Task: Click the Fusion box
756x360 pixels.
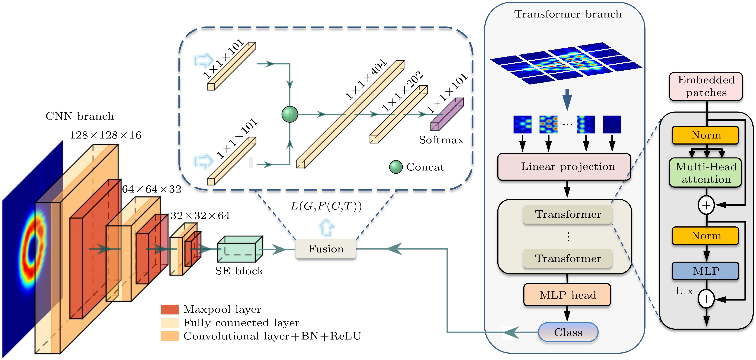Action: coord(326,249)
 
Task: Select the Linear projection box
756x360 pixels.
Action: coord(564,167)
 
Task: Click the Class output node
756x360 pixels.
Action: coord(568,332)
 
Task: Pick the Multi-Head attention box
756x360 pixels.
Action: coord(706,173)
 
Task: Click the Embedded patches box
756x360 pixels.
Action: coord(706,86)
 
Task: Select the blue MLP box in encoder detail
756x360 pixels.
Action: coord(706,271)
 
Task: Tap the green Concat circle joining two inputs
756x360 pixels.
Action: coord(290,114)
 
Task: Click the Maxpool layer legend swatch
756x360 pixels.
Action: coord(170,309)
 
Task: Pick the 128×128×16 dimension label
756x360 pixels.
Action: coord(105,135)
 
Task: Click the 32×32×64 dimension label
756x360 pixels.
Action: coord(200,216)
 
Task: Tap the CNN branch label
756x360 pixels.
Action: coord(79,116)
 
